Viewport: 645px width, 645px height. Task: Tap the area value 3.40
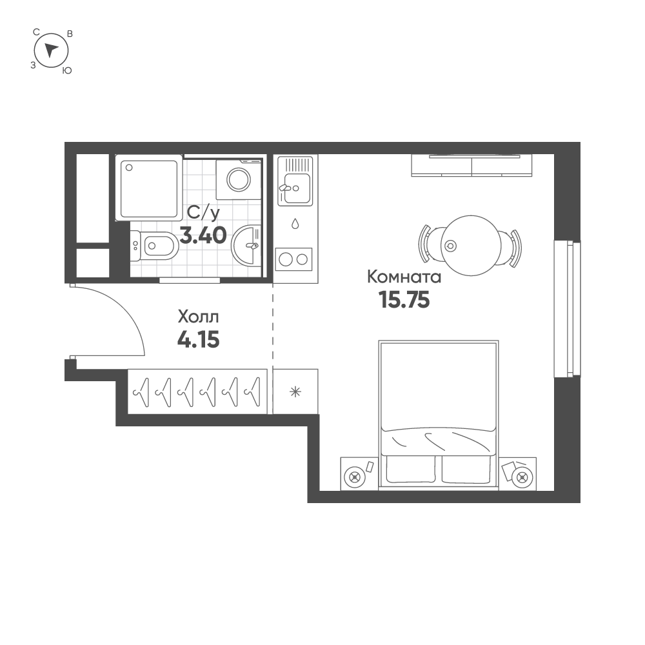click(x=203, y=235)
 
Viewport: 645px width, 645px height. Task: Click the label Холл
click(x=198, y=317)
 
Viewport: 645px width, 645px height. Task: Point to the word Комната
click(x=404, y=277)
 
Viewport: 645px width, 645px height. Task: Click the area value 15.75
click(x=404, y=301)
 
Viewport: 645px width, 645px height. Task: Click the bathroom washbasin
click(x=248, y=245)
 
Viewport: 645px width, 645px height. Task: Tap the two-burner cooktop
click(x=294, y=259)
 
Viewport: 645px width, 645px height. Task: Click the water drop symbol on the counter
click(x=295, y=224)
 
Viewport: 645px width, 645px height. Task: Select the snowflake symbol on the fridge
click(x=295, y=391)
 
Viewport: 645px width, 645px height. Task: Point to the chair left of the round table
click(x=426, y=245)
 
